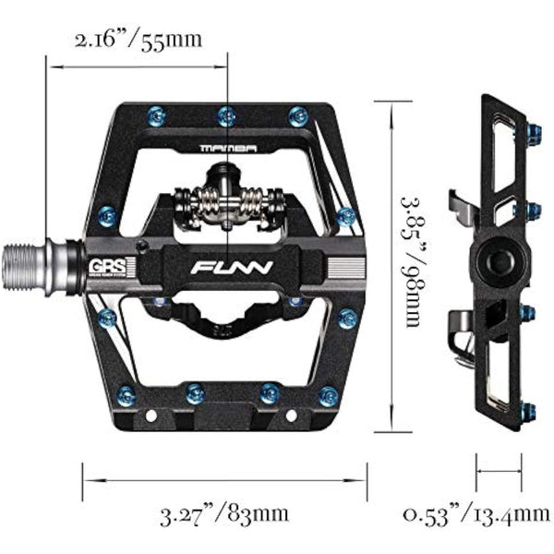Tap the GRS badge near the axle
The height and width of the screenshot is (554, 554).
tap(104, 259)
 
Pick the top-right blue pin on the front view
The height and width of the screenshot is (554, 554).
tap(296, 115)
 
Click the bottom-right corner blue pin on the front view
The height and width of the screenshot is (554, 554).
tap(327, 397)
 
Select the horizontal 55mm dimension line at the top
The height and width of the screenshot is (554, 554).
tap(138, 66)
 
